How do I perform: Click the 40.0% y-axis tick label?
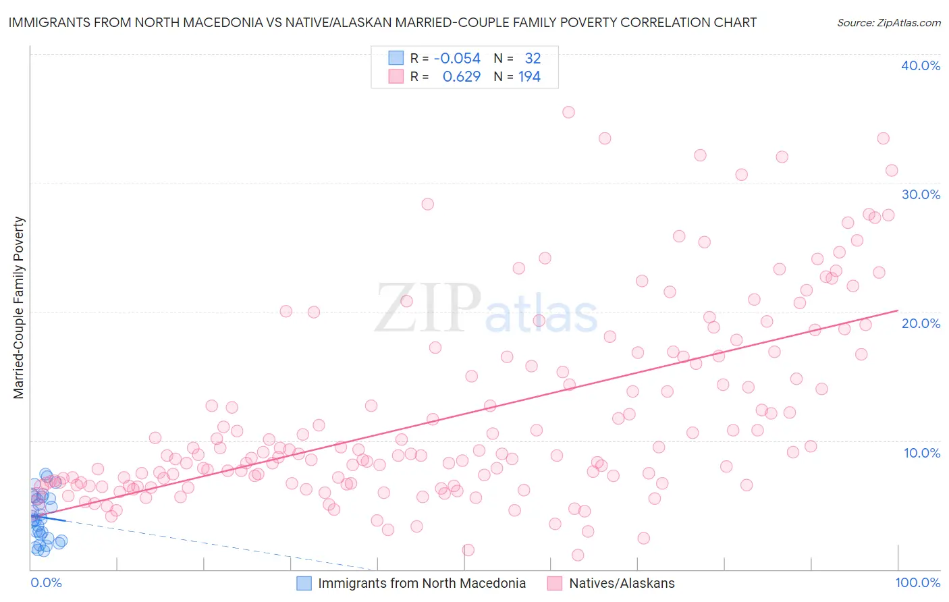pos(920,65)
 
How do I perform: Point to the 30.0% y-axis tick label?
pos(920,194)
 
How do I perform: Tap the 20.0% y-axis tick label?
pos(920,323)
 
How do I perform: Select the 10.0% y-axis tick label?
pos(921,453)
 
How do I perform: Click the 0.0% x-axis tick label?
pos(46,582)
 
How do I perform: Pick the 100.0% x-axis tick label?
pos(917,582)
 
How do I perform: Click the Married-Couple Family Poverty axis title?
pos(19,308)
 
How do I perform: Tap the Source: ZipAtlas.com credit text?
pos(888,23)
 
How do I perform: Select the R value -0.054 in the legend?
pos(457,59)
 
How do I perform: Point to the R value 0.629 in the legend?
pos(461,77)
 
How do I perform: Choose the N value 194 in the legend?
pos(529,77)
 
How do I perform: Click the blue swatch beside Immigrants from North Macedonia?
pos(304,583)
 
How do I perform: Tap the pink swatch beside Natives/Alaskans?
pos(555,583)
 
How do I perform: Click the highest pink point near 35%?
pos(568,112)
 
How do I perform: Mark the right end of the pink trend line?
pos(898,310)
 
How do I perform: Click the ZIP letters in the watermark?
pos(427,308)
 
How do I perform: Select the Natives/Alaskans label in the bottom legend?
pos(622,583)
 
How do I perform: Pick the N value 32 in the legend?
pos(533,59)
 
